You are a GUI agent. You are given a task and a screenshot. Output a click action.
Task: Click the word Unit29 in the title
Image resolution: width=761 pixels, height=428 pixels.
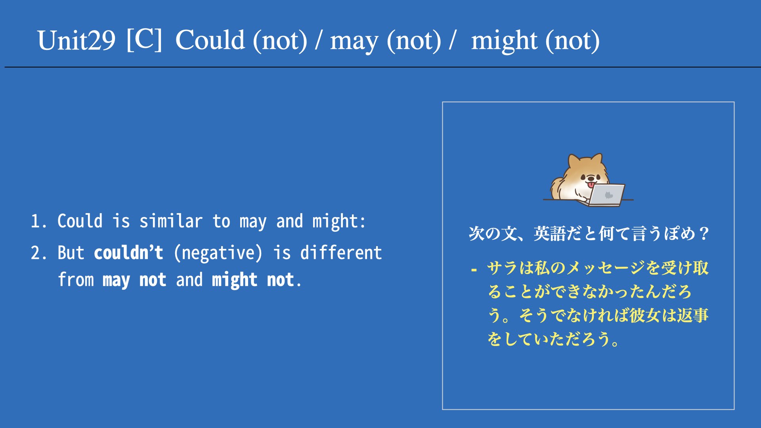[x=76, y=40]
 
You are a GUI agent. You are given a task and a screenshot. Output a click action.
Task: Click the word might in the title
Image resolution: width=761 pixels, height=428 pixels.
[x=504, y=41]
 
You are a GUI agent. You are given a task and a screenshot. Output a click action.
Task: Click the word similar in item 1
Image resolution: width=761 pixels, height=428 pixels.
[x=171, y=221]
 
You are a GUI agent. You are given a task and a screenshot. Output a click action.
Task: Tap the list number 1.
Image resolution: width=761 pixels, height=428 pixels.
[x=38, y=221]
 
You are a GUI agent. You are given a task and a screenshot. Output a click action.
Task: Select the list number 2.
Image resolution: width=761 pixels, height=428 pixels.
[x=38, y=253]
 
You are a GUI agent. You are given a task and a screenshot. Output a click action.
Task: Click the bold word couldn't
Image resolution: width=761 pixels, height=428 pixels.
[x=128, y=252]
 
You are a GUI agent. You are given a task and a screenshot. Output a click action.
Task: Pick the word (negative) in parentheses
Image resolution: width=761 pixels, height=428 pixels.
[x=218, y=253]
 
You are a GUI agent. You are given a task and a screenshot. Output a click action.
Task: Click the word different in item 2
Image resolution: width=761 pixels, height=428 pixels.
[x=341, y=252]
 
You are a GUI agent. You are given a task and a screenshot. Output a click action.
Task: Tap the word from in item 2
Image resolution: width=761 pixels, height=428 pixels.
[x=76, y=279]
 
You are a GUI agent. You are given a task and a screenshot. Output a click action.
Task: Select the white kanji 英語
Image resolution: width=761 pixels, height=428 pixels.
[x=549, y=233]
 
